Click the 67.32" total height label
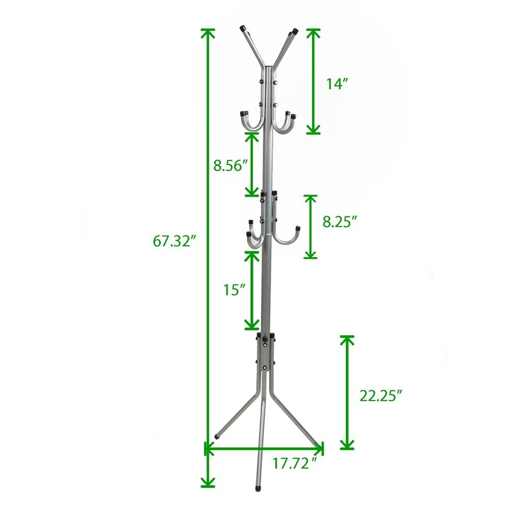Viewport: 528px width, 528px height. (x=174, y=241)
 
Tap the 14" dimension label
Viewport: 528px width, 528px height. (x=337, y=84)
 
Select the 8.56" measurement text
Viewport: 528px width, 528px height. (x=230, y=166)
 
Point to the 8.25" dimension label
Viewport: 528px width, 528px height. (x=339, y=222)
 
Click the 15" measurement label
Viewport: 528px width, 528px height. (x=235, y=290)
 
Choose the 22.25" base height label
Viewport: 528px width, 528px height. (x=381, y=395)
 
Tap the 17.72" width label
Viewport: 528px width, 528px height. (x=295, y=464)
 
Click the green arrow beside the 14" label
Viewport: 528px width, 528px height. (x=313, y=81)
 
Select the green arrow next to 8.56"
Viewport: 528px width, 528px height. (x=251, y=164)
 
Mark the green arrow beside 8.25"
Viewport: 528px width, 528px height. (x=310, y=226)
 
